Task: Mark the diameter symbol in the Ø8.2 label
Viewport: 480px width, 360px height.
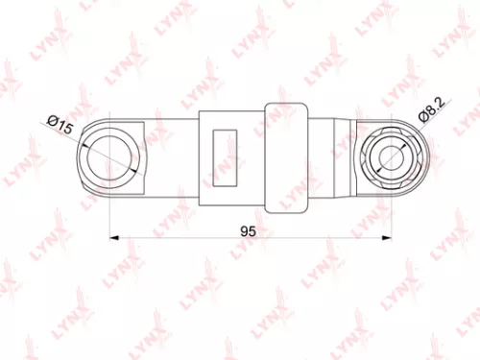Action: (422, 115)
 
